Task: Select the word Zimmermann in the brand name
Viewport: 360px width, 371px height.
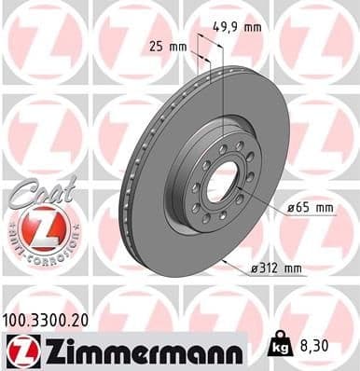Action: point(139,351)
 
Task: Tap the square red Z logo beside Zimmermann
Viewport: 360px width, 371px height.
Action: point(20,351)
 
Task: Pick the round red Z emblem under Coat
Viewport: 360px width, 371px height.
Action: point(34,226)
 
